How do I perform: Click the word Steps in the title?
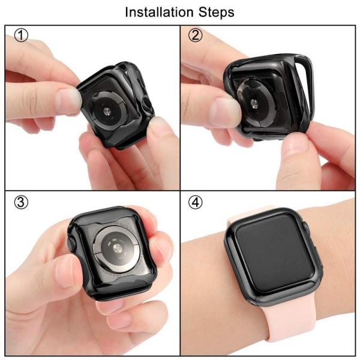[216, 13]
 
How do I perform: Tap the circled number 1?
[21, 35]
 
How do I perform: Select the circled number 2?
[195, 35]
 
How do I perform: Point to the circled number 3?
[21, 202]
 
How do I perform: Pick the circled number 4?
[195, 202]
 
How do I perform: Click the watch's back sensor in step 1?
[107, 111]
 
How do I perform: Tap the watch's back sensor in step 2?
[253, 103]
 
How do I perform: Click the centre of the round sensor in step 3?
[116, 247]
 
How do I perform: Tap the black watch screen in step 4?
[275, 253]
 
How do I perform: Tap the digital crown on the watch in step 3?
[71, 245]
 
